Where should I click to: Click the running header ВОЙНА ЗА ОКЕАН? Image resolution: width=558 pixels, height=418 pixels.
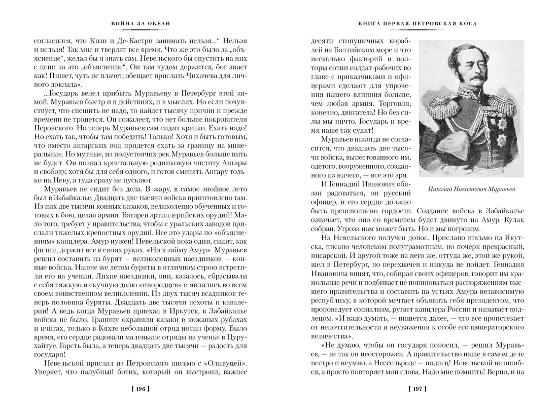coord(141,23)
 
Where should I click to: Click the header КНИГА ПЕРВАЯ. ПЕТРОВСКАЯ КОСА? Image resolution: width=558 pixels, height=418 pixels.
coord(417,23)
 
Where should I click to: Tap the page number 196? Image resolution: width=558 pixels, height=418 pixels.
coord(141,389)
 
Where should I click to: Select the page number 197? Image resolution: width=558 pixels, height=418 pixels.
coord(417,389)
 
